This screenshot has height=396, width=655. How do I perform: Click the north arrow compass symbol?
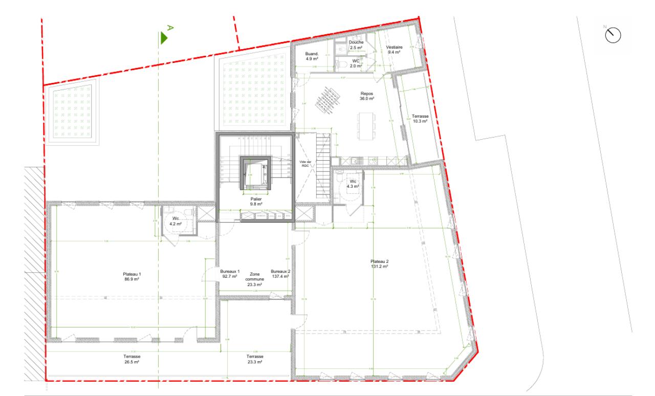613,35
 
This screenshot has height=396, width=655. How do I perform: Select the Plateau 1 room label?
133,277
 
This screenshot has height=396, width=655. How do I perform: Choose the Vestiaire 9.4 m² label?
395,49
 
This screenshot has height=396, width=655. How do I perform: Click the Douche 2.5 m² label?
356,45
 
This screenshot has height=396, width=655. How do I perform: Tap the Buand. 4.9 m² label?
312,56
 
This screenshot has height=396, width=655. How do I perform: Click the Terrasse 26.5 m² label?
132,359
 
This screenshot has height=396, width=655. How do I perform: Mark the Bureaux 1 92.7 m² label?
229,274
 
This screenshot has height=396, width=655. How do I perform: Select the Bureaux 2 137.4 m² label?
280,274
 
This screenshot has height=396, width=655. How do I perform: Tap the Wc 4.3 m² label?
353,184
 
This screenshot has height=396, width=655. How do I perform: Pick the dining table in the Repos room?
367,125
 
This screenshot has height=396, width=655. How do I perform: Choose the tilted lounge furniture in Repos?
327,98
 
